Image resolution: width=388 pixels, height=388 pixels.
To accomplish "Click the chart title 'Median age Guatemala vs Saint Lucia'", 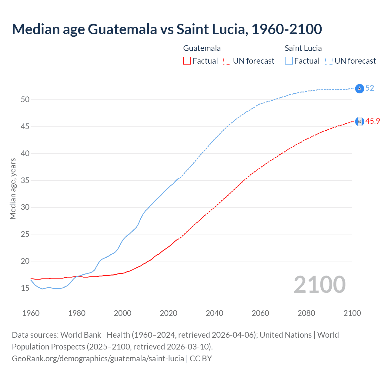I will [x=167, y=29].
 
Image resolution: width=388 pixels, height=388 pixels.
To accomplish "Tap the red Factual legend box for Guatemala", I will [x=187, y=61].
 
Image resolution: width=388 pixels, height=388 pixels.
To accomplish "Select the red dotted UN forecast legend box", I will [x=227, y=61].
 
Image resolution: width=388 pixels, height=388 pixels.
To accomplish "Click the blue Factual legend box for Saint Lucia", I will [x=289, y=61].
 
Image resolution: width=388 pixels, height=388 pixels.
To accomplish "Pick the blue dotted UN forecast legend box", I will [x=329, y=61].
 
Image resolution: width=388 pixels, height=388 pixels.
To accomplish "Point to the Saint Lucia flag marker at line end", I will [x=360, y=89].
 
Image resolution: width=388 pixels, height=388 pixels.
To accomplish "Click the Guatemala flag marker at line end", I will [x=360, y=122].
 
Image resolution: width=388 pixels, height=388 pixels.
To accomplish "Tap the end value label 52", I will [x=370, y=88].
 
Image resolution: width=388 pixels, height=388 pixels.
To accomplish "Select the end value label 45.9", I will [x=373, y=121].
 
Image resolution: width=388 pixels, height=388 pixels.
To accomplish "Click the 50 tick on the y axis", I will [x=25, y=99].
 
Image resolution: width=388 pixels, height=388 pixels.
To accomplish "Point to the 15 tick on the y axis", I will [x=25, y=288].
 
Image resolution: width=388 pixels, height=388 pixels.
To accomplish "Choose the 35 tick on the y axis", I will [x=25, y=180].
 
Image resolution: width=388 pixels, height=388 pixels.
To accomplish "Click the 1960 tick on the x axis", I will [x=31, y=313].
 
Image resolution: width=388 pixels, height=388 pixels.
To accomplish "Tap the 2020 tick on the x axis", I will [x=169, y=313].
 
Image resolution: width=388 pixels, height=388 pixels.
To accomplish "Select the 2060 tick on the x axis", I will [x=260, y=313].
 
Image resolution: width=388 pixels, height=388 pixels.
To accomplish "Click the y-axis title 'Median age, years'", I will [x=13, y=189].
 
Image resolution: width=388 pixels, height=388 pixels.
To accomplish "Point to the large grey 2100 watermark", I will [x=320, y=284].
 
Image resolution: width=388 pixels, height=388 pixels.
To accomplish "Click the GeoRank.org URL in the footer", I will [x=98, y=359].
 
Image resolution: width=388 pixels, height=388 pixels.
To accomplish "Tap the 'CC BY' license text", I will [x=201, y=359].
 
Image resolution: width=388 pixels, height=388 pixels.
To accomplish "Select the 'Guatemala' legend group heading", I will [x=202, y=48].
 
